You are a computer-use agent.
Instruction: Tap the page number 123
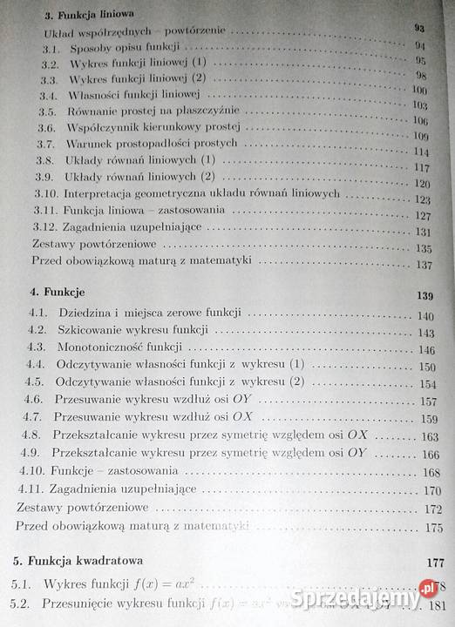424,199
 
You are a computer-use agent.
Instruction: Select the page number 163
429,437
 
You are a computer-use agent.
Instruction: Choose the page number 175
433,528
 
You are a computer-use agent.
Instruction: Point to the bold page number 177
433,562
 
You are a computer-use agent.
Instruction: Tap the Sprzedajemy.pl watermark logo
383,599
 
